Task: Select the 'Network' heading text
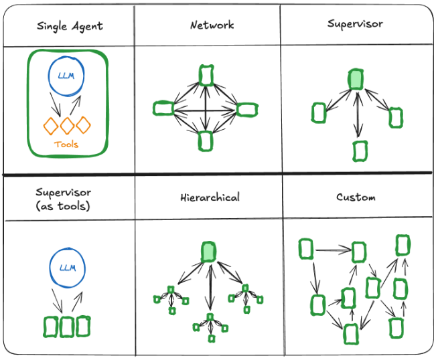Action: [212, 25]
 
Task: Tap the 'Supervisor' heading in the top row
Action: [355, 24]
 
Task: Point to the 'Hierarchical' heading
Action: [210, 198]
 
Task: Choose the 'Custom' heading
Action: [356, 197]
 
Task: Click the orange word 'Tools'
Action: [66, 145]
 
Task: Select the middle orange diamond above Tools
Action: [66, 125]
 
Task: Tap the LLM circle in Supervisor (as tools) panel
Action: [66, 268]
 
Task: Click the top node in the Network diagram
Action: [206, 76]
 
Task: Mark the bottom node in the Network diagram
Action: [206, 141]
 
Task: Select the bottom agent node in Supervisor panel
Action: [360, 151]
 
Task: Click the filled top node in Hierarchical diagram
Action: [209, 252]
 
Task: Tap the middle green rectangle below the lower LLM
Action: [66, 327]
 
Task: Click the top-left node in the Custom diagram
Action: [306, 249]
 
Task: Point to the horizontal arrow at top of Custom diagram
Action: [333, 251]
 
